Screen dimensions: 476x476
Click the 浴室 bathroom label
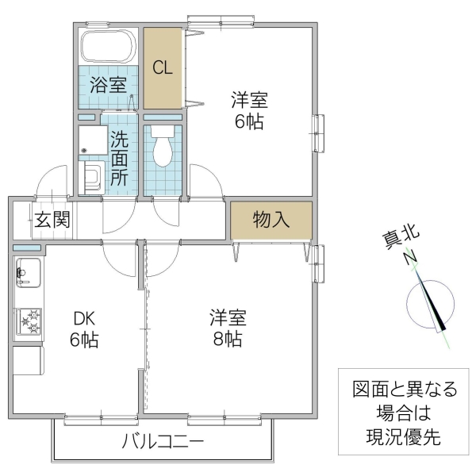click(109, 85)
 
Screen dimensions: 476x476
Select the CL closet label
click(163, 68)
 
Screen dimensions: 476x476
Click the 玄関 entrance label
click(52, 218)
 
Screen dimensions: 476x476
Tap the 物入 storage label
click(271, 220)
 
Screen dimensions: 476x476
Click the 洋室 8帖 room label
click(228, 328)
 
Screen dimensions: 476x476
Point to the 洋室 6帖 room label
click(249, 111)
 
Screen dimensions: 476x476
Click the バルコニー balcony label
click(163, 442)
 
